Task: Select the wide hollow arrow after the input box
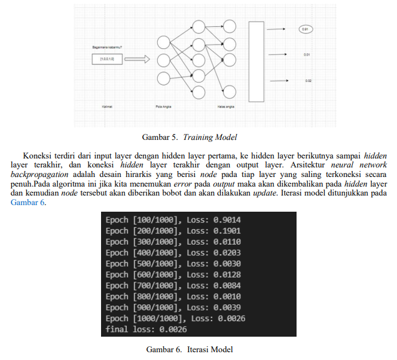136,59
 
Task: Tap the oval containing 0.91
306,28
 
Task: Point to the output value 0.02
308,80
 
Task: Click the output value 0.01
306,54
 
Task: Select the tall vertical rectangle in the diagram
256,61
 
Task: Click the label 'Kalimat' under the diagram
108,106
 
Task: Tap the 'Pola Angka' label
163,106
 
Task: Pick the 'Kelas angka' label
225,106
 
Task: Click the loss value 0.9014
227,220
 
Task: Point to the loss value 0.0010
227,297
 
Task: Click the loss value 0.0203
227,253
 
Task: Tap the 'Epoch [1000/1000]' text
145,318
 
